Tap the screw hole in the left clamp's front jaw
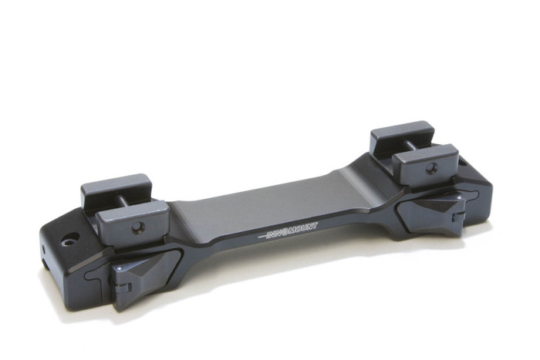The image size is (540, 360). point(139,227)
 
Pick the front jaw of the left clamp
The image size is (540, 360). point(137,220)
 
